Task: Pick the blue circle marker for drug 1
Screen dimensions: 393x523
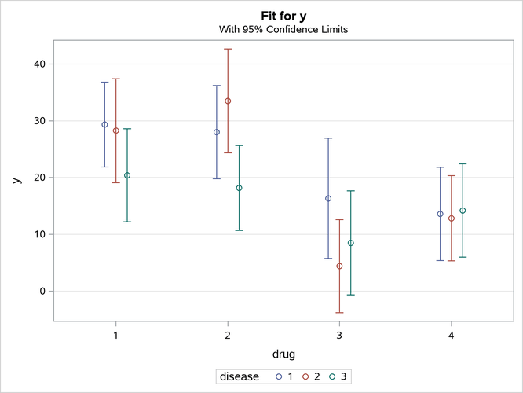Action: click(x=104, y=124)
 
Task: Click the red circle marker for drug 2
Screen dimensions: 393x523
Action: click(x=228, y=101)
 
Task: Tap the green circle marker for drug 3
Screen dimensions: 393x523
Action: click(x=351, y=243)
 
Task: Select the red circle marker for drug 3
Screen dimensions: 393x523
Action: click(x=339, y=266)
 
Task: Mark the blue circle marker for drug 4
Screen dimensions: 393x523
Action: click(x=440, y=214)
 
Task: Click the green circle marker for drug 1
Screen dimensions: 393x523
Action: click(x=127, y=175)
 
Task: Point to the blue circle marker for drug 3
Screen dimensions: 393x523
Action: click(x=328, y=198)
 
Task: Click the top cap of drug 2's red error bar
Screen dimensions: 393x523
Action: click(x=228, y=49)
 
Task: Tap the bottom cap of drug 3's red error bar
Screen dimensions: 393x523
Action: click(x=339, y=312)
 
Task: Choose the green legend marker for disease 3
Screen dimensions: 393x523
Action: click(x=333, y=377)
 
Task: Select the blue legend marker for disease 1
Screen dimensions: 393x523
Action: click(x=280, y=377)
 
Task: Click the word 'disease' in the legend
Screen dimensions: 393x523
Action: click(x=240, y=377)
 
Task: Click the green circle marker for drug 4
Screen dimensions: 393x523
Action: click(x=463, y=211)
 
